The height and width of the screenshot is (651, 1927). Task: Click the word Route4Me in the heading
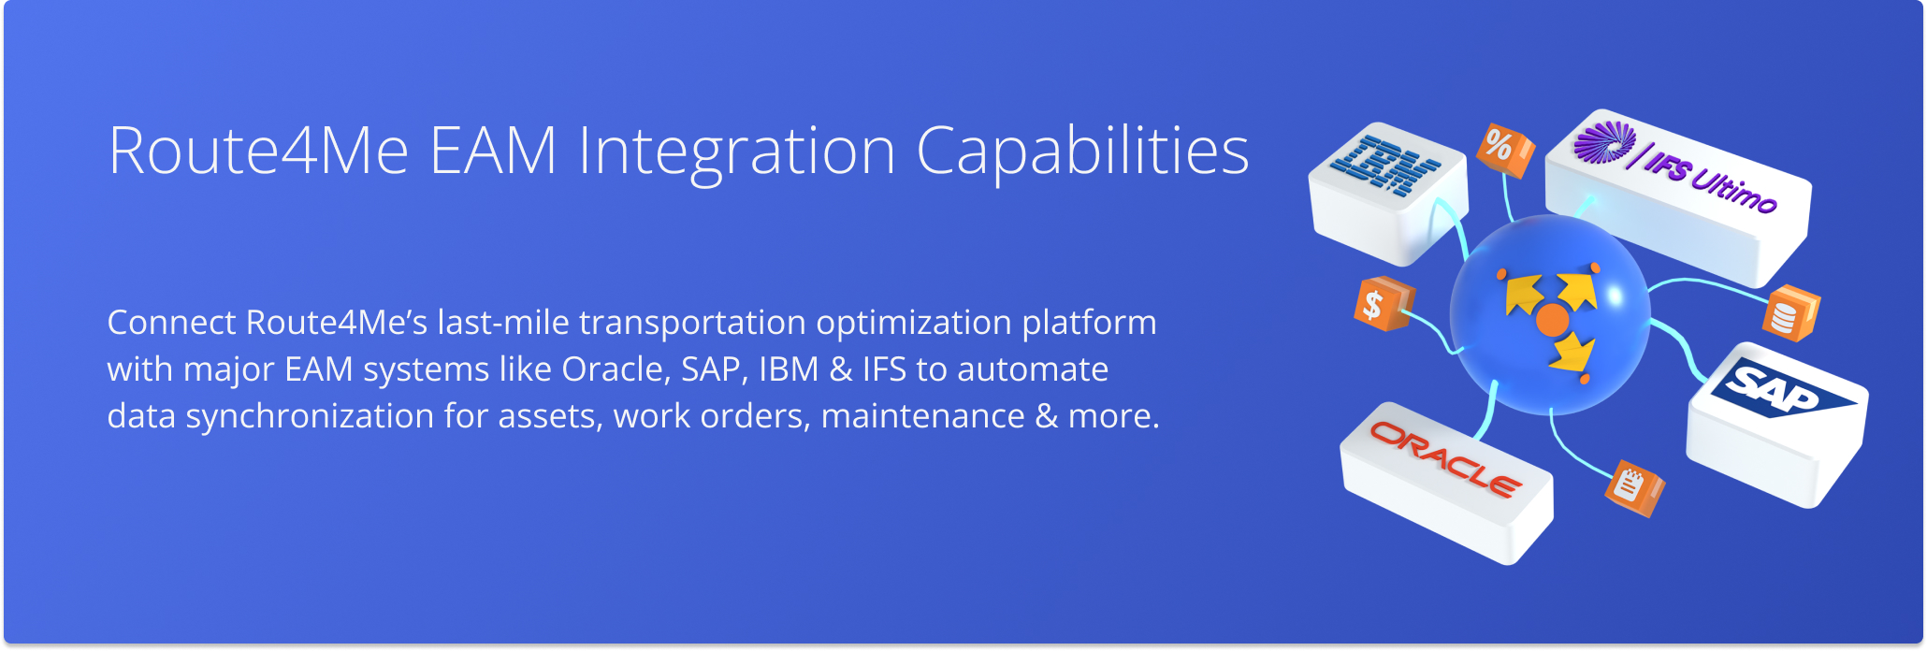click(x=259, y=151)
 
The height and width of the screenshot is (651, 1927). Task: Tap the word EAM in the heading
click(x=493, y=151)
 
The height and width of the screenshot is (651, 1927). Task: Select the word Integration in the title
click(x=737, y=152)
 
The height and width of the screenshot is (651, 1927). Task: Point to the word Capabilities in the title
click(x=1082, y=152)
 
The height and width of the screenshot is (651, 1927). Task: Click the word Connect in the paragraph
click(x=171, y=323)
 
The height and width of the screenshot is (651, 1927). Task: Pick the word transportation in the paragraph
click(x=691, y=324)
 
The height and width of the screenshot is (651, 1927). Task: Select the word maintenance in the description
click(x=922, y=416)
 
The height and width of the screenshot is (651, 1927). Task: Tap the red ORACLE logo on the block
click(x=1445, y=458)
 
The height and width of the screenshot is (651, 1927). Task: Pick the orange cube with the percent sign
click(x=1504, y=150)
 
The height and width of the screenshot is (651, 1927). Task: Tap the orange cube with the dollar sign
click(x=1382, y=304)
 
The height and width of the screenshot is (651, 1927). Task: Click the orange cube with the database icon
click(x=1789, y=312)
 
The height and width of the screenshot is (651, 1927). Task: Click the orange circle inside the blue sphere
click(x=1552, y=320)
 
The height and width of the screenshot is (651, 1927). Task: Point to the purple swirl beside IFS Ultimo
click(x=1603, y=142)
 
